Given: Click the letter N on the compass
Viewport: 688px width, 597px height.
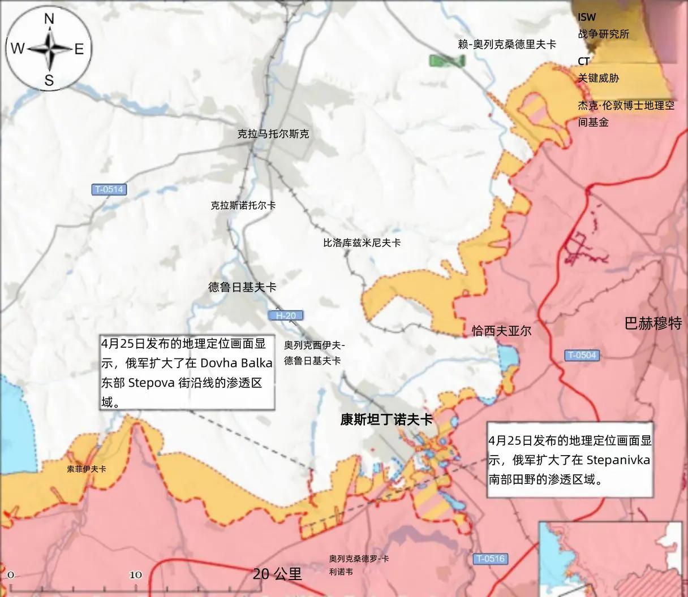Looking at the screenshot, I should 49,19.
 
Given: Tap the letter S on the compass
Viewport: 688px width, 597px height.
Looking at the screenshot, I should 49,80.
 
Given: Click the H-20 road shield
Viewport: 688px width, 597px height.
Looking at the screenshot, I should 286,315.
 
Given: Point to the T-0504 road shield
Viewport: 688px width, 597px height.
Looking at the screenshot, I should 582,355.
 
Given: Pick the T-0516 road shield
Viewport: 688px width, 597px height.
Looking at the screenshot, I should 489,559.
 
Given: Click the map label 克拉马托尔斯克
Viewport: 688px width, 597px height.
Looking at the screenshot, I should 273,134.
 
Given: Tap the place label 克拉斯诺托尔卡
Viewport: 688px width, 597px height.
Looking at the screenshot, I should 243,205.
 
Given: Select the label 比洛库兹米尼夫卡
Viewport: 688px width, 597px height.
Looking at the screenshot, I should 362,243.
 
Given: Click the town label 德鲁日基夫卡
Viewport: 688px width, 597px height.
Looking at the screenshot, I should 242,287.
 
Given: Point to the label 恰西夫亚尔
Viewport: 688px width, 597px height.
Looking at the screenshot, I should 501,331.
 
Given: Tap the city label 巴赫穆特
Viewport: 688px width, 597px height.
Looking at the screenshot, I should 653,323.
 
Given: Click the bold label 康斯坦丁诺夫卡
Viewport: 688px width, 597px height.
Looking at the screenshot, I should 386,419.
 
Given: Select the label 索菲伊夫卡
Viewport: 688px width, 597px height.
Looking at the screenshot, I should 87,469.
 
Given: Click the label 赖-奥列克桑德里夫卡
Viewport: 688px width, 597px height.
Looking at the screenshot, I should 507,44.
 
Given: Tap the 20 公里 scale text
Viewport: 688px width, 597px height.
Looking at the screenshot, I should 277,574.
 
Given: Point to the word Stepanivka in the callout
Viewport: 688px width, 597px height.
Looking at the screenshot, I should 618,459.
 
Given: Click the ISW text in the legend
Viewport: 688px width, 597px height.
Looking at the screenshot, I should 587,18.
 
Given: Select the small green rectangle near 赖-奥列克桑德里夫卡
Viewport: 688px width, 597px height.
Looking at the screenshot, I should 446,60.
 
